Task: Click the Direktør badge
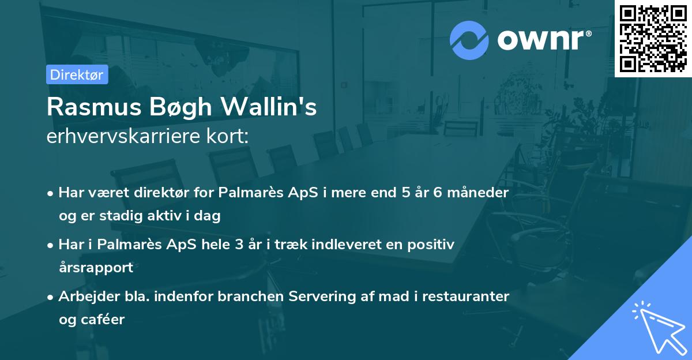tap(77, 74)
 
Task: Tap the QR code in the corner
tap(653, 39)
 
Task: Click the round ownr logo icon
tap(469, 40)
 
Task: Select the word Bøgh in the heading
tap(181, 108)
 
